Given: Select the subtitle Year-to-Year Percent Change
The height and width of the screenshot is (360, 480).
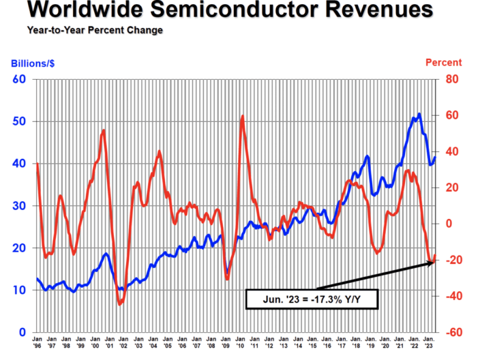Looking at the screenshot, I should (x=95, y=30).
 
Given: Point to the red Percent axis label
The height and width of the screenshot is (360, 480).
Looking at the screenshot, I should (x=443, y=62).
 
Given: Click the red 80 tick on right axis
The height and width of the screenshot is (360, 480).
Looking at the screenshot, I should (x=451, y=79).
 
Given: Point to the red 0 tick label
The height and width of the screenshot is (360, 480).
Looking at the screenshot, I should (x=448, y=224).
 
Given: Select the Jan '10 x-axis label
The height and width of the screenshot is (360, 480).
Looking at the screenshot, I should (x=239, y=343).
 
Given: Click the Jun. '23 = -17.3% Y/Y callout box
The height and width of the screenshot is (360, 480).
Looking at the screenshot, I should (x=311, y=298).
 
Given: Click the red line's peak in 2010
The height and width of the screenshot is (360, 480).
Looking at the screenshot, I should (x=242, y=116).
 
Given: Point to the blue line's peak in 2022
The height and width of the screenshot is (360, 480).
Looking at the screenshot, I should (x=419, y=113).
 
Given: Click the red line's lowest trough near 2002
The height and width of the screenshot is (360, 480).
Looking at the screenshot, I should (x=119, y=304).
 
